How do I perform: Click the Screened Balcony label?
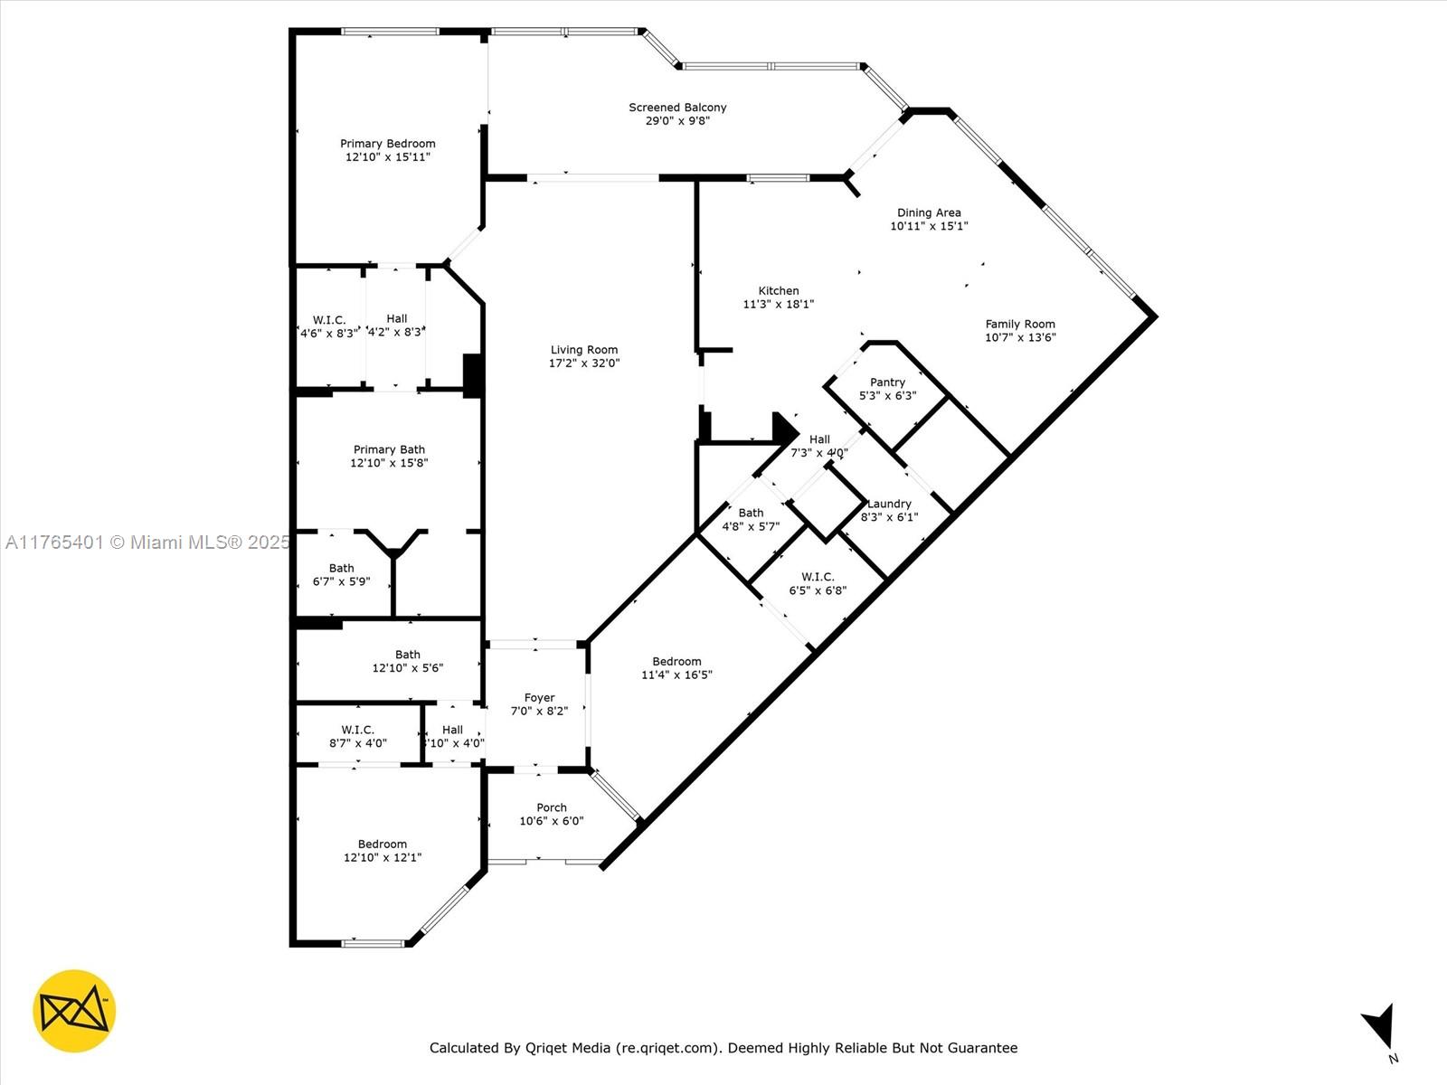pyautogui.click(x=677, y=108)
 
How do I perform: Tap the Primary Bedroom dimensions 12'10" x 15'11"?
pyautogui.click(x=388, y=156)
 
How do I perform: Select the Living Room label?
pyautogui.click(x=584, y=350)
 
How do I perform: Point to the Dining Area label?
pyautogui.click(x=929, y=212)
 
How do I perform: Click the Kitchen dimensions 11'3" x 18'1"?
pyautogui.click(x=778, y=305)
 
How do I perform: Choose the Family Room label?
pyautogui.click(x=1020, y=324)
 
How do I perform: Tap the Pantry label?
pyautogui.click(x=887, y=382)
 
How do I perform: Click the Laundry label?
pyautogui.click(x=889, y=504)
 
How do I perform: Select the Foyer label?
pyautogui.click(x=539, y=698)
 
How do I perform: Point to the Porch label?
pyautogui.click(x=551, y=807)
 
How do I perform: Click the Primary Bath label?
pyautogui.click(x=389, y=450)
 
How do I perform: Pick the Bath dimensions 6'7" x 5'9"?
pyautogui.click(x=342, y=581)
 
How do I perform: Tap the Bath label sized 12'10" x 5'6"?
pyautogui.click(x=407, y=655)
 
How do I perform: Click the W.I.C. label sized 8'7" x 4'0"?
pyautogui.click(x=358, y=730)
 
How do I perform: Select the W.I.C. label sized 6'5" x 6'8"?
pyautogui.click(x=818, y=577)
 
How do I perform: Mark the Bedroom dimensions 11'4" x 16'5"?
pyautogui.click(x=676, y=675)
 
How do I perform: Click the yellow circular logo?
pyautogui.click(x=74, y=1011)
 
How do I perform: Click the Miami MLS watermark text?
pyautogui.click(x=147, y=542)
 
